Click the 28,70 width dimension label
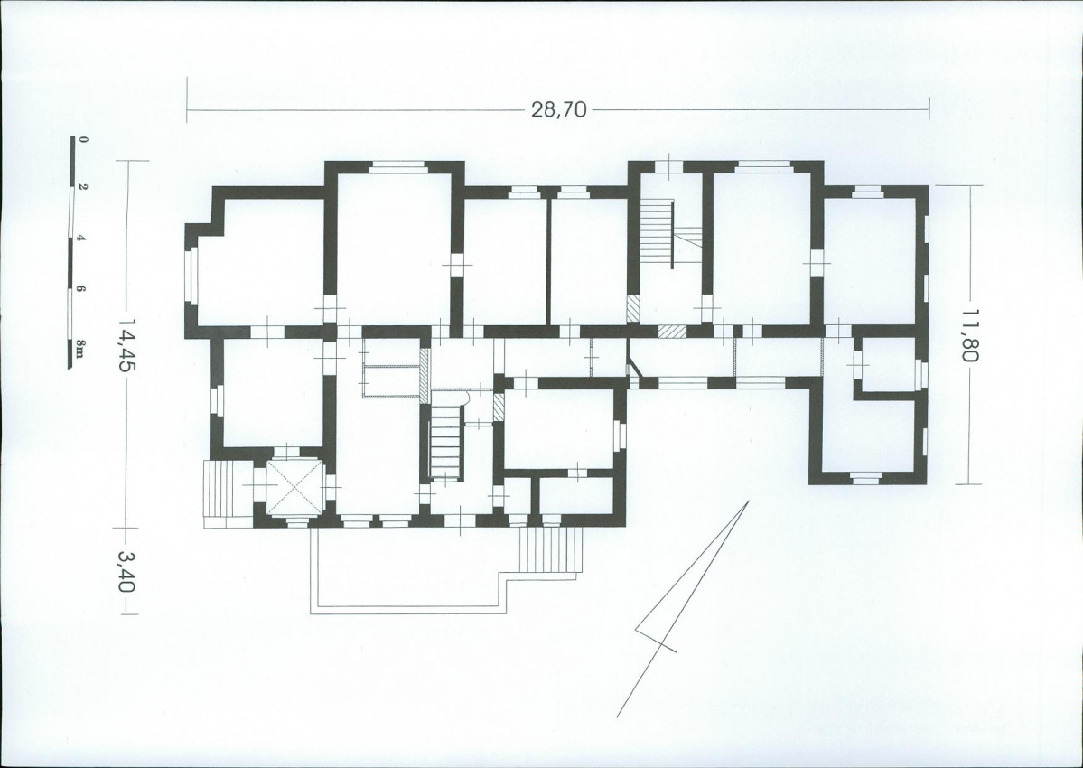[558, 109]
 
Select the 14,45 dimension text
[125, 344]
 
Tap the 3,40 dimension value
[125, 571]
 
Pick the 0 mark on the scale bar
[83, 139]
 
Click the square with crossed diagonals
[295, 488]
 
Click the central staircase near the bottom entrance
[445, 440]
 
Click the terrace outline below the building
[407, 609]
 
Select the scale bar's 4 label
[82, 239]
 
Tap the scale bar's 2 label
[83, 187]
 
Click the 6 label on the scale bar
[82, 290]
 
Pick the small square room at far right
[888, 364]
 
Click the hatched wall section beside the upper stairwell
[633, 309]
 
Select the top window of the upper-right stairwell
[668, 167]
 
